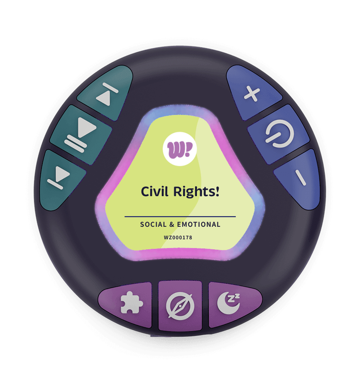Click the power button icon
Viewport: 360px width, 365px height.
pyautogui.click(x=279, y=134)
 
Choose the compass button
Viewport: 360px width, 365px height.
pyautogui.click(x=180, y=305)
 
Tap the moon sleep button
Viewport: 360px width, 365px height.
pyautogui.click(x=233, y=303)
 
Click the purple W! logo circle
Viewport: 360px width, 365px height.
pyautogui.click(x=180, y=149)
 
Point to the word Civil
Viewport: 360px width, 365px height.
pyautogui.click(x=154, y=191)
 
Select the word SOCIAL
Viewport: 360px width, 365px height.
pyautogui.click(x=153, y=224)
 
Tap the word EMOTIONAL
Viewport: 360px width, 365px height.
pyautogui.click(x=199, y=224)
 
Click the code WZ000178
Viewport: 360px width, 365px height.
pyautogui.click(x=178, y=238)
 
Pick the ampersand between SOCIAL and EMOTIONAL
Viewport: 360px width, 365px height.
pyautogui.click(x=172, y=224)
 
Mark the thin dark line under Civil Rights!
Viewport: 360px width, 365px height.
pyautogui.click(x=180, y=217)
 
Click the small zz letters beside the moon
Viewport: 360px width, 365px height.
pyautogui.click(x=234, y=298)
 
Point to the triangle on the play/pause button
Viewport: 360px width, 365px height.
pyautogui.click(x=87, y=127)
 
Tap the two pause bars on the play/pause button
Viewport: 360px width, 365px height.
pyautogui.click(x=76, y=144)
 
